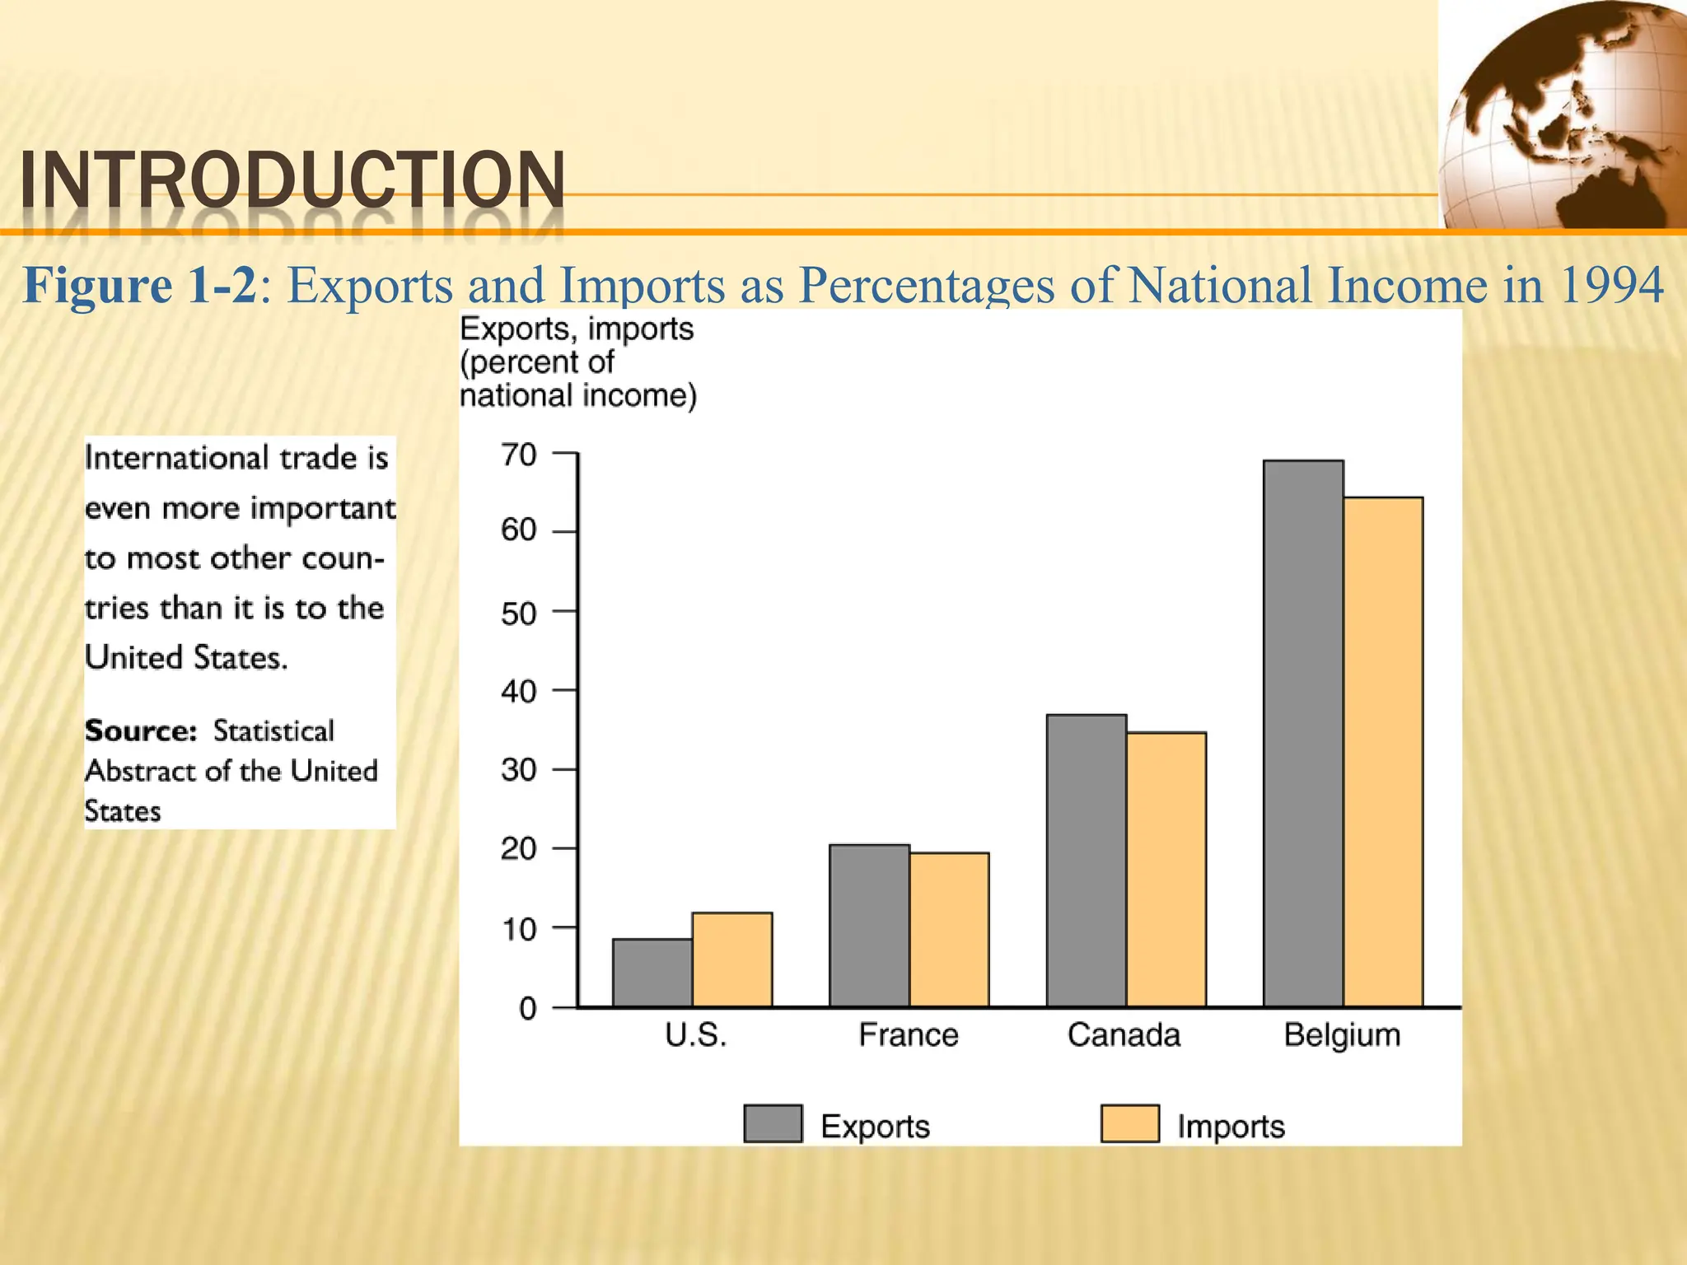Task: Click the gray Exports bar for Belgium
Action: (x=1303, y=733)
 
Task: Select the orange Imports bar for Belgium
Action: (x=1383, y=751)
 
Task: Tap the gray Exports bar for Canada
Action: (x=1087, y=860)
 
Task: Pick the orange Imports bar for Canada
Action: (x=1166, y=869)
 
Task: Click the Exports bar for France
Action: (x=869, y=925)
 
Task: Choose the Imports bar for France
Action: (x=949, y=929)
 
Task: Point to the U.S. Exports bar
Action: (x=652, y=973)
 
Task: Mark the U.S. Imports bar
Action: (x=732, y=959)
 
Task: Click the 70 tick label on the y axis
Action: (x=519, y=455)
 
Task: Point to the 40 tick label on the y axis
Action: (x=519, y=691)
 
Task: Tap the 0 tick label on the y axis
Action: (x=528, y=1009)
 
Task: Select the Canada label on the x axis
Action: (x=1124, y=1035)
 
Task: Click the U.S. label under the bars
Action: (x=696, y=1035)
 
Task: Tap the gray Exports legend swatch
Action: (x=773, y=1123)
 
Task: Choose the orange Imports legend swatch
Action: (x=1130, y=1123)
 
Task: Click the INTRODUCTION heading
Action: (x=293, y=181)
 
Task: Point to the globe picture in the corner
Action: (x=1562, y=115)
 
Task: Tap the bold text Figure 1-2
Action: (x=140, y=286)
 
